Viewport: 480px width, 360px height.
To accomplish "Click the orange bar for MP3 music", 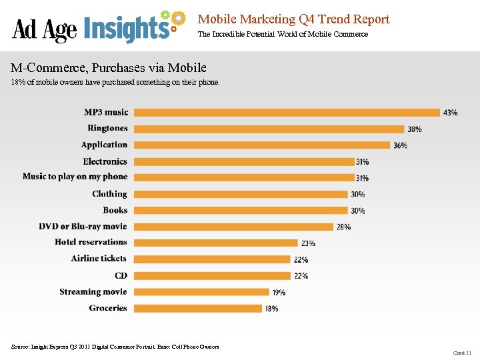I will pyautogui.click(x=285, y=112).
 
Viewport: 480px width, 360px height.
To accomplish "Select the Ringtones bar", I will pyautogui.click(x=267, y=129).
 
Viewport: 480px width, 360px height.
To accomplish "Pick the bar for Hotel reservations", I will pyautogui.click(x=214, y=243).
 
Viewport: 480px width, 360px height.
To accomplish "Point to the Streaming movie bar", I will pyautogui.click(x=199, y=292).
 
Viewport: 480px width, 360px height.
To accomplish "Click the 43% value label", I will pyautogui.click(x=450, y=113).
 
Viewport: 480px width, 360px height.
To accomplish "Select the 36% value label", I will pyautogui.click(x=400, y=145).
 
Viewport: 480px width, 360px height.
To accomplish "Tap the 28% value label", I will pyautogui.click(x=343, y=227).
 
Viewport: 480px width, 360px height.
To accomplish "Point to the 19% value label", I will pyautogui.click(x=279, y=292).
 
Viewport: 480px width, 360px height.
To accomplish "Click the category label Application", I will pyautogui.click(x=104, y=145).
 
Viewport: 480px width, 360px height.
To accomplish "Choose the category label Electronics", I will pyautogui.click(x=105, y=161).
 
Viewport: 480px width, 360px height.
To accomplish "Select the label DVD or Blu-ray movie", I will pyautogui.click(x=83, y=227).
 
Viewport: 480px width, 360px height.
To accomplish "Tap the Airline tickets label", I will pyautogui.click(x=99, y=259).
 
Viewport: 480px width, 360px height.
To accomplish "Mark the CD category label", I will pyautogui.click(x=121, y=275).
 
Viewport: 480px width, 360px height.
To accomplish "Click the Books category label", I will pyautogui.click(x=115, y=210).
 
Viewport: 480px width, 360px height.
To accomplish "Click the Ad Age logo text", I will pyautogui.click(x=45, y=29).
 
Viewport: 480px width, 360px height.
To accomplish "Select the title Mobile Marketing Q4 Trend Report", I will pyautogui.click(x=293, y=19).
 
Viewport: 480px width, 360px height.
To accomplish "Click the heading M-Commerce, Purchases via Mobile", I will pyautogui.click(x=109, y=68).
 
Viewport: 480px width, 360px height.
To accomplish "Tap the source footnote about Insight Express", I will pyautogui.click(x=115, y=347).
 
